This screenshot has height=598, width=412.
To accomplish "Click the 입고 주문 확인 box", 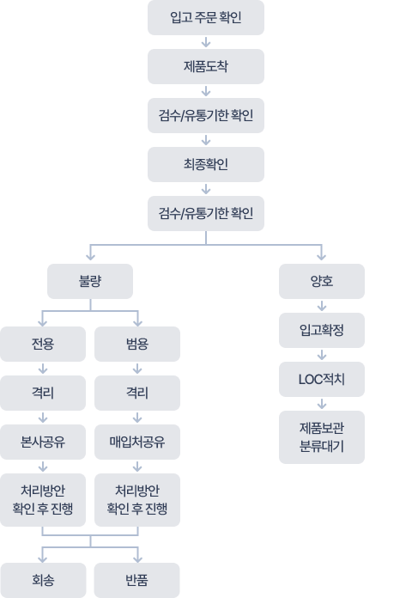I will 205,17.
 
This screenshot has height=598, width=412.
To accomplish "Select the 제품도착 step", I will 205,66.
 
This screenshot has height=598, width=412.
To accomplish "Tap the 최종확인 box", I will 205,164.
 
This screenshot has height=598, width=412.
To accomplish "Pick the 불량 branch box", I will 90,280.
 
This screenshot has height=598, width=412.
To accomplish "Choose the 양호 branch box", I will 322,280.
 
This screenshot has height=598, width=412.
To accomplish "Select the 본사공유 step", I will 43,443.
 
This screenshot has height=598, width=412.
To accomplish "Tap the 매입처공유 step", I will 137,443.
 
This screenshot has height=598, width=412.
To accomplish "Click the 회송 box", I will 43,580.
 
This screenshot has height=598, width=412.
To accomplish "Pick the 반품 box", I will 137,580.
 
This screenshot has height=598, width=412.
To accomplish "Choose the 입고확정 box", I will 322,329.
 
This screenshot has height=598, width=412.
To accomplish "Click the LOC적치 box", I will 322,378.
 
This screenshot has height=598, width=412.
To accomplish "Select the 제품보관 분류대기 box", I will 322,436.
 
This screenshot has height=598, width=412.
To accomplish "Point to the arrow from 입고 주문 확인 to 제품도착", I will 205,42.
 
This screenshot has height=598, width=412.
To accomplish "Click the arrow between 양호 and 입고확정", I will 322,305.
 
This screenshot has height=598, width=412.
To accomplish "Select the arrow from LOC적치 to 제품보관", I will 322,403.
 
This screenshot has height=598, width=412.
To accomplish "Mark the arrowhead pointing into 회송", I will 43,556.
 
